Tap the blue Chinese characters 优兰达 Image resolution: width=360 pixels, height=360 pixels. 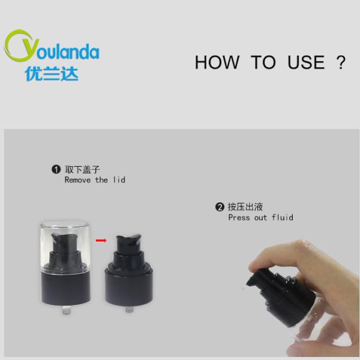tap(52, 74)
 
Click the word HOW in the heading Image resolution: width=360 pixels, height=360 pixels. tap(217, 62)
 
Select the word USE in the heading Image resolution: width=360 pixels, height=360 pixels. tap(306, 62)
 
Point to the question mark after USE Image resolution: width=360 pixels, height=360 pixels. tap(341, 62)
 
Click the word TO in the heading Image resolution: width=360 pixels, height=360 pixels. tap(263, 62)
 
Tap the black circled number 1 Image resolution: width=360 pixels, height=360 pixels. tap(56, 169)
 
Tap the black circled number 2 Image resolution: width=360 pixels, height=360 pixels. tap(220, 207)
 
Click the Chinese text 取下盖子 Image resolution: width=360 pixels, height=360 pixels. tap(83, 169)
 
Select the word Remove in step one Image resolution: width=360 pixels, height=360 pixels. tap(77, 180)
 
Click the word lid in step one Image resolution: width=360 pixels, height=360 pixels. tap(119, 180)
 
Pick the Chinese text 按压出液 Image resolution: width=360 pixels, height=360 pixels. tap(245, 207)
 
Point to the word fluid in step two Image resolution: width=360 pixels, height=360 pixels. tap(283, 217)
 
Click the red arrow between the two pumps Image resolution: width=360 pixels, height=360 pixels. tap(101, 241)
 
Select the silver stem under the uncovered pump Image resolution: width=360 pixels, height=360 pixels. tap(130, 309)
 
